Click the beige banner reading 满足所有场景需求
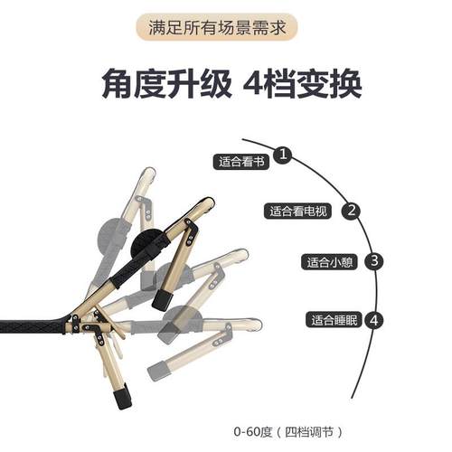tap(225, 26)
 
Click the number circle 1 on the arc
tap(284, 155)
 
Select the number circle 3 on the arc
tap(375, 262)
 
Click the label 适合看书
tap(241, 163)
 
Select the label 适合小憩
tap(330, 263)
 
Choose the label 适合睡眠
tap(335, 320)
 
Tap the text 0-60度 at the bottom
tap(253, 431)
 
